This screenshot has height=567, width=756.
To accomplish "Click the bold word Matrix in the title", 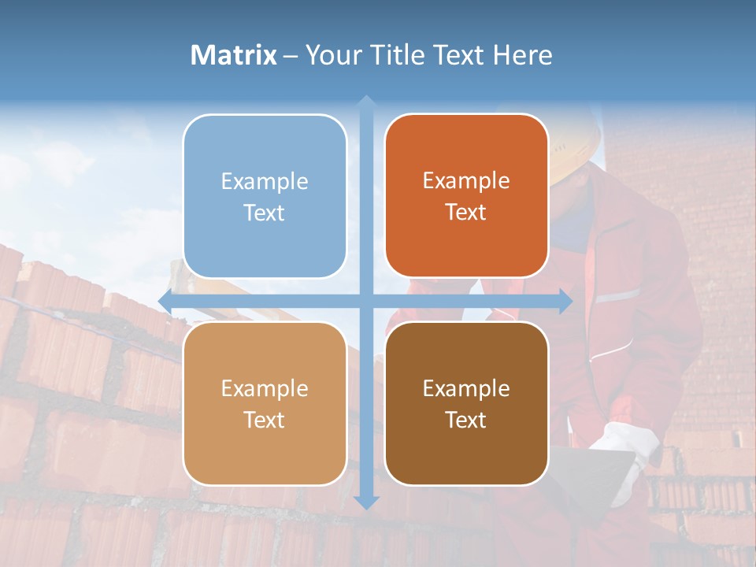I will (x=233, y=55).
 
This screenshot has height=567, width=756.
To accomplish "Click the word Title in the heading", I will (x=398, y=55).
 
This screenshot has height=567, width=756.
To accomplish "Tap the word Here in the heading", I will (x=522, y=55).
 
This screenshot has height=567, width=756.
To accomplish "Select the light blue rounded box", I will (x=265, y=196).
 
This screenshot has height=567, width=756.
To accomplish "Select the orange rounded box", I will (x=466, y=196).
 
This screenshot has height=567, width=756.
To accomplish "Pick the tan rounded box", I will (x=265, y=403).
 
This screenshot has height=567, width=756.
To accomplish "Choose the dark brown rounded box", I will (x=466, y=403).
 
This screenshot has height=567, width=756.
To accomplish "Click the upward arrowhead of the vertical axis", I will (x=365, y=102).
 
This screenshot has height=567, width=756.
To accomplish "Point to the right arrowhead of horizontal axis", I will (x=565, y=301).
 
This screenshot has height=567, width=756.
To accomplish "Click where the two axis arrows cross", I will (x=365, y=301).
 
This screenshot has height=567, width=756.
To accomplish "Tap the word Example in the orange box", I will (x=466, y=180).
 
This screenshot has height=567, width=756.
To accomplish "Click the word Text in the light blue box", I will (x=265, y=213).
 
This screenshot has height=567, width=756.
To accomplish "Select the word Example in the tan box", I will (x=265, y=388).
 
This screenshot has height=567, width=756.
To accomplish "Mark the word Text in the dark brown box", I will (x=466, y=420).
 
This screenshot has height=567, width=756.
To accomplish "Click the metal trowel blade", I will (x=591, y=472).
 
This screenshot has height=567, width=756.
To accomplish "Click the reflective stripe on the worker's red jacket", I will (x=618, y=296).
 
